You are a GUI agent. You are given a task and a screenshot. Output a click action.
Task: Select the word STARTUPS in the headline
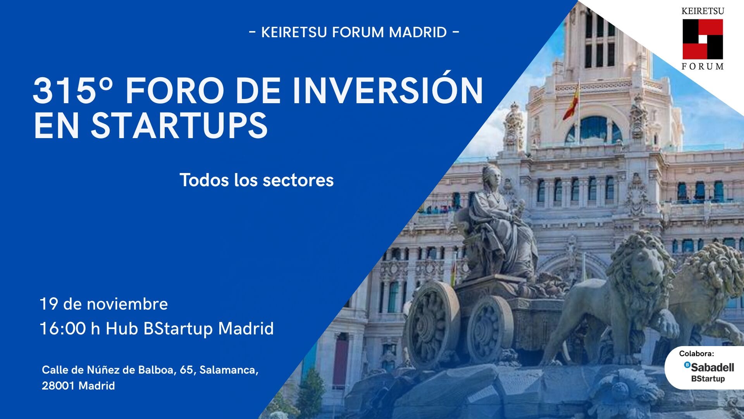click(179, 125)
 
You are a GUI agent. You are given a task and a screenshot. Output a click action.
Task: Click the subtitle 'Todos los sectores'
click(257, 180)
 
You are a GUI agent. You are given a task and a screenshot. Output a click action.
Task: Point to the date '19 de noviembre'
click(104, 304)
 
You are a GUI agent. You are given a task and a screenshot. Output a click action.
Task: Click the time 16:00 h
click(70, 328)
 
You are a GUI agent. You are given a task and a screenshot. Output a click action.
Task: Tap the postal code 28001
click(58, 386)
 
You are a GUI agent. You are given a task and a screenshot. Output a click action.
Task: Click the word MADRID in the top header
click(418, 32)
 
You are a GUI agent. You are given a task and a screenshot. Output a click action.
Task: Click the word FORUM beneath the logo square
click(703, 66)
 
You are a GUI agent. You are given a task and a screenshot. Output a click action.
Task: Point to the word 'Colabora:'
click(696, 353)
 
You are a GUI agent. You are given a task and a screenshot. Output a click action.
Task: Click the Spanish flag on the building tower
click(571, 102)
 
